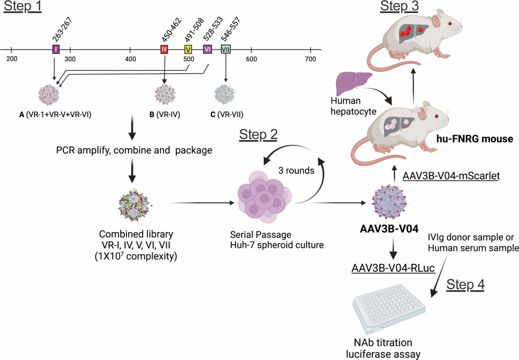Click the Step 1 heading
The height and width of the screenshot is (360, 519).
click(x=22, y=7)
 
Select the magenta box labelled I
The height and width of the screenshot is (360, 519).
click(x=56, y=49)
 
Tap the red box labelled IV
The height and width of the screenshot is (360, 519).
click(x=164, y=49)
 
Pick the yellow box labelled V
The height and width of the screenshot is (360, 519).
click(x=188, y=49)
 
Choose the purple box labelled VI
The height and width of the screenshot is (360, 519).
click(x=207, y=49)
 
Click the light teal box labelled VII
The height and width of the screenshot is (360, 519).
click(x=226, y=49)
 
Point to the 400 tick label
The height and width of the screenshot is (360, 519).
click(x=130, y=59)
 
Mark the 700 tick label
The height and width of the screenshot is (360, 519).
click(x=310, y=59)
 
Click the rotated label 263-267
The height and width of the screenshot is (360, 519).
click(x=62, y=30)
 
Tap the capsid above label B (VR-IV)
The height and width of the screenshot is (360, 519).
click(x=165, y=95)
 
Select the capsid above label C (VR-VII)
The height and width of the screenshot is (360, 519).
click(x=225, y=95)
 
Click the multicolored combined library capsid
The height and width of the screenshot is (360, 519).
click(x=134, y=206)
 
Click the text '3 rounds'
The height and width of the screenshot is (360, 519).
click(x=296, y=170)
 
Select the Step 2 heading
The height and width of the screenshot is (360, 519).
click(x=258, y=135)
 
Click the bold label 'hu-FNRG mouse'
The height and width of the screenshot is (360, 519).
click(x=474, y=139)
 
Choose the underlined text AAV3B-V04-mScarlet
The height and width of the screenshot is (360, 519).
click(x=451, y=176)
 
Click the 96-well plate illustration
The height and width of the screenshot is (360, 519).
click(x=389, y=308)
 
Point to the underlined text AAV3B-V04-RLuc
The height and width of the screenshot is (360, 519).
click(x=393, y=268)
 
